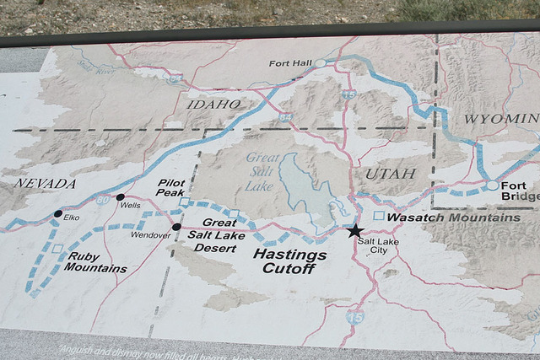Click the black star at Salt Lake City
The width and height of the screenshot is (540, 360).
click(354, 230)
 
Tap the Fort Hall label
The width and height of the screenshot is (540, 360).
click(289, 63)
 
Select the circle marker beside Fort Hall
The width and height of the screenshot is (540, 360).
click(321, 63)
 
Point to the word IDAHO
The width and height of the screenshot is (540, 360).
click(214, 104)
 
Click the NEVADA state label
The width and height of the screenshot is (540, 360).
click(45, 183)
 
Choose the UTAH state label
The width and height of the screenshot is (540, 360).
click(391, 173)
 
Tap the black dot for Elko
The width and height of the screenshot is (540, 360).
click(57, 214)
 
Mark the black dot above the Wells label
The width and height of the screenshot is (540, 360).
click(120, 196)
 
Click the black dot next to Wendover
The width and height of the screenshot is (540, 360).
click(176, 227)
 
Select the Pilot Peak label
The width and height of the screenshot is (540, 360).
click(170, 187)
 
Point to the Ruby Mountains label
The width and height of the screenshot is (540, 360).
click(94, 262)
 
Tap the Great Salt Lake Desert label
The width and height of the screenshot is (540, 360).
click(216, 235)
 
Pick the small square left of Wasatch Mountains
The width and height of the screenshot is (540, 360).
click(379, 217)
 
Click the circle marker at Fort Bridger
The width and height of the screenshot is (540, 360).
click(492, 185)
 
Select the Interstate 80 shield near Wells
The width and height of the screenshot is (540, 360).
click(102, 201)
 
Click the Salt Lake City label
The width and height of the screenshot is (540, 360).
click(372, 245)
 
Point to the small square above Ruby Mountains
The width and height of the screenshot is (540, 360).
click(57, 249)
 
